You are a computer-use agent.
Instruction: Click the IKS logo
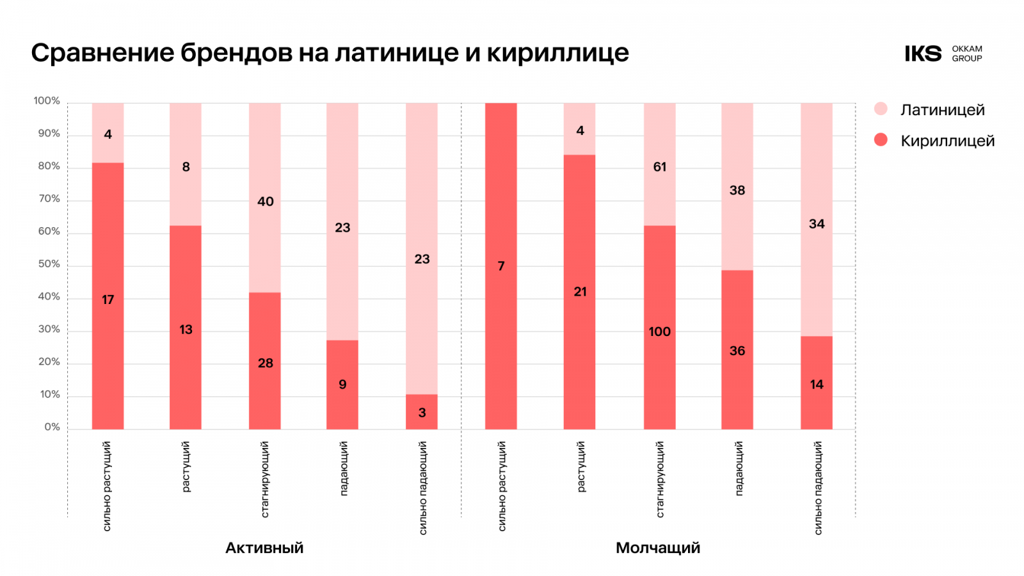coord(923,54)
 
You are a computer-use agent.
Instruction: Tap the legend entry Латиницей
coord(942,110)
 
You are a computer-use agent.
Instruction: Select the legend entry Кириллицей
coord(947,141)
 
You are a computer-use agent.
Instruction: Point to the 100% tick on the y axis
coord(47,101)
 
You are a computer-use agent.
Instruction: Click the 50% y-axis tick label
coord(49,264)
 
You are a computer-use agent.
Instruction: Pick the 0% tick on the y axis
coord(52,428)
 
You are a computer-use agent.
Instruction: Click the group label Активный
coord(264,548)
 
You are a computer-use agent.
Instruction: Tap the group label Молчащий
coord(658,548)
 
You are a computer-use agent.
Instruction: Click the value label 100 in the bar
coord(659,332)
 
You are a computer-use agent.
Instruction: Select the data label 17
coord(108,300)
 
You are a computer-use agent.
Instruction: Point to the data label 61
coord(659,167)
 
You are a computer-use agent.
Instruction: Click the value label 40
coord(265,202)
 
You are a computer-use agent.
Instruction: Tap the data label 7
coord(501,266)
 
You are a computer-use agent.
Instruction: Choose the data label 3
coord(422,413)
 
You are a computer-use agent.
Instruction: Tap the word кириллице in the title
coord(557,52)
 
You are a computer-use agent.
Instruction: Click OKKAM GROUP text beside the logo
coord(966,54)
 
